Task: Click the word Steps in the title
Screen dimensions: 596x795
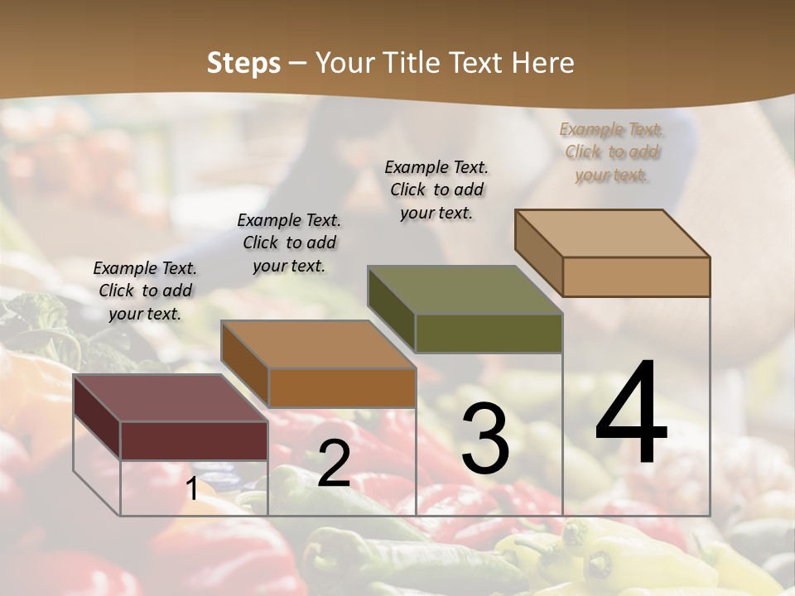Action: click(243, 63)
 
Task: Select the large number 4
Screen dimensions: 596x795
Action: click(631, 414)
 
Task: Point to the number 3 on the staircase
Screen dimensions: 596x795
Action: click(484, 439)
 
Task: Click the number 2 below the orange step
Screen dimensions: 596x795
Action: click(334, 464)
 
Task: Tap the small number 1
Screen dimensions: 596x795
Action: click(191, 489)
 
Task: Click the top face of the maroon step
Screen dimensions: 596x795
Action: click(171, 397)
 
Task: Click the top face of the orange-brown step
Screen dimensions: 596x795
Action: click(318, 344)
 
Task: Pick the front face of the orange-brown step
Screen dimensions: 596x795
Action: click(342, 387)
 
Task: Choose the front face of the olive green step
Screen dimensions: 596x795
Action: click(489, 333)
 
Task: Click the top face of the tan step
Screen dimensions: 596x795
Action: click(613, 233)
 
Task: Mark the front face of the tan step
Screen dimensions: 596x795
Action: click(636, 276)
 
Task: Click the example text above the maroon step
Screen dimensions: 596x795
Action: click(145, 291)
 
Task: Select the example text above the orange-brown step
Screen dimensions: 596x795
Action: click(289, 243)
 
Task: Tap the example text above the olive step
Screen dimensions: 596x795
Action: click(436, 190)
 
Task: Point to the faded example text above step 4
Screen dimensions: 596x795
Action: click(612, 151)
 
